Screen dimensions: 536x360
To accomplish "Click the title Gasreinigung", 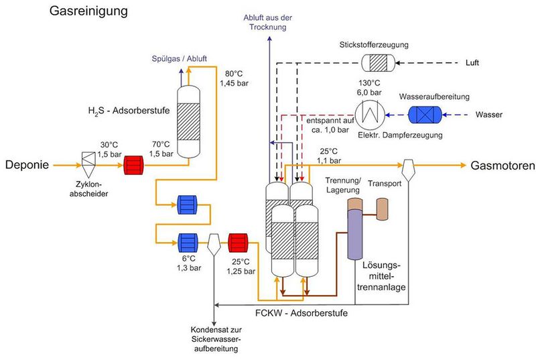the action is pos(88,11).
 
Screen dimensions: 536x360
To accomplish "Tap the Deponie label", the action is pos(27,165).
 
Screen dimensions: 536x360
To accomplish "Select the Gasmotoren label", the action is pos(503,166).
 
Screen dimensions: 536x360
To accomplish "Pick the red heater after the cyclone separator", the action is pos(133,166).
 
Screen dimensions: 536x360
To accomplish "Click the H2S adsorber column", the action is pos(189,121).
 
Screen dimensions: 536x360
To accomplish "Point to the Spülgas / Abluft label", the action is pos(180,58).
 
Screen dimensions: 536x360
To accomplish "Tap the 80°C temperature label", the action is pos(234,74).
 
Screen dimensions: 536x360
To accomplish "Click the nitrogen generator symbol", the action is pos(379,63).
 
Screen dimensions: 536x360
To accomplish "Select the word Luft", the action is pos(472,63).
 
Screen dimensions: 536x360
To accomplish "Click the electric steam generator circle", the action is pos(370,115).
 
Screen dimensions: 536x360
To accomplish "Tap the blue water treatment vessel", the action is pos(425,115).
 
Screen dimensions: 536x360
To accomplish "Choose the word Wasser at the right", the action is pos(489,115).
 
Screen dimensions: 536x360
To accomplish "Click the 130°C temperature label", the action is pos(369,83).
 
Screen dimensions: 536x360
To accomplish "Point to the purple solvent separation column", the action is pos(355,235).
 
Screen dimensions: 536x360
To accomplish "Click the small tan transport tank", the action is pos(383,209).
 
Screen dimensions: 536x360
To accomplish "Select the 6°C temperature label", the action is pos(188,259).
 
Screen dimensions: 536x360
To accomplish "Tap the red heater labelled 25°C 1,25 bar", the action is pos(238,243).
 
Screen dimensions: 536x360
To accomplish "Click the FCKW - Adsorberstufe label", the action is pos(301,313).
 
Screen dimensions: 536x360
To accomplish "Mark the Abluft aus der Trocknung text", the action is pos(267,22).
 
